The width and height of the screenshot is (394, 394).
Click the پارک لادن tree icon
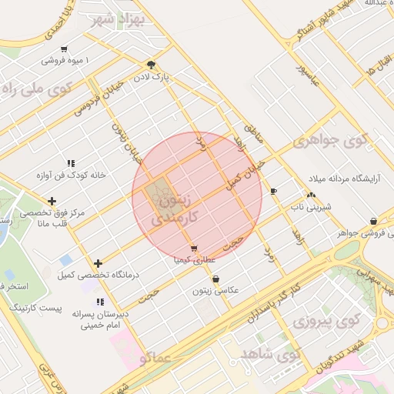tap(151, 65)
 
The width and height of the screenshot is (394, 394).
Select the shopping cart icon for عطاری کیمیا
tap(192, 249)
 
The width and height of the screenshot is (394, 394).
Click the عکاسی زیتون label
tap(215, 291)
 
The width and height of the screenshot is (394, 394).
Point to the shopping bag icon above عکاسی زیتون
tap(215, 279)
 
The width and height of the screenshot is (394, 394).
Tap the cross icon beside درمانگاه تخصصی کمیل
tap(98, 263)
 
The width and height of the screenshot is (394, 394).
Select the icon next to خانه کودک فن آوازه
tap(71, 163)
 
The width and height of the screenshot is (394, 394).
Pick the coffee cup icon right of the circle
tap(274, 190)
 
